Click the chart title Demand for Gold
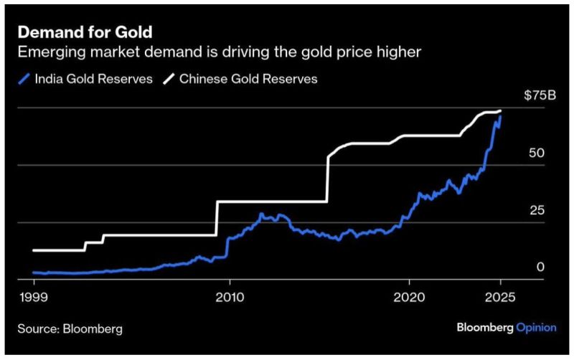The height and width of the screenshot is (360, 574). [85, 32]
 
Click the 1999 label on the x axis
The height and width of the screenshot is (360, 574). [33, 298]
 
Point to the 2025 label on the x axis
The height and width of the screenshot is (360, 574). [501, 298]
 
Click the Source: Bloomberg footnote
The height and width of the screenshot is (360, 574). [70, 329]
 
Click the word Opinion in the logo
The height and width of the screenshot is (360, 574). [537, 328]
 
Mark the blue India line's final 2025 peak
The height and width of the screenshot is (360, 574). [500, 115]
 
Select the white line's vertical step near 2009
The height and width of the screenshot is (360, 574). [217, 218]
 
